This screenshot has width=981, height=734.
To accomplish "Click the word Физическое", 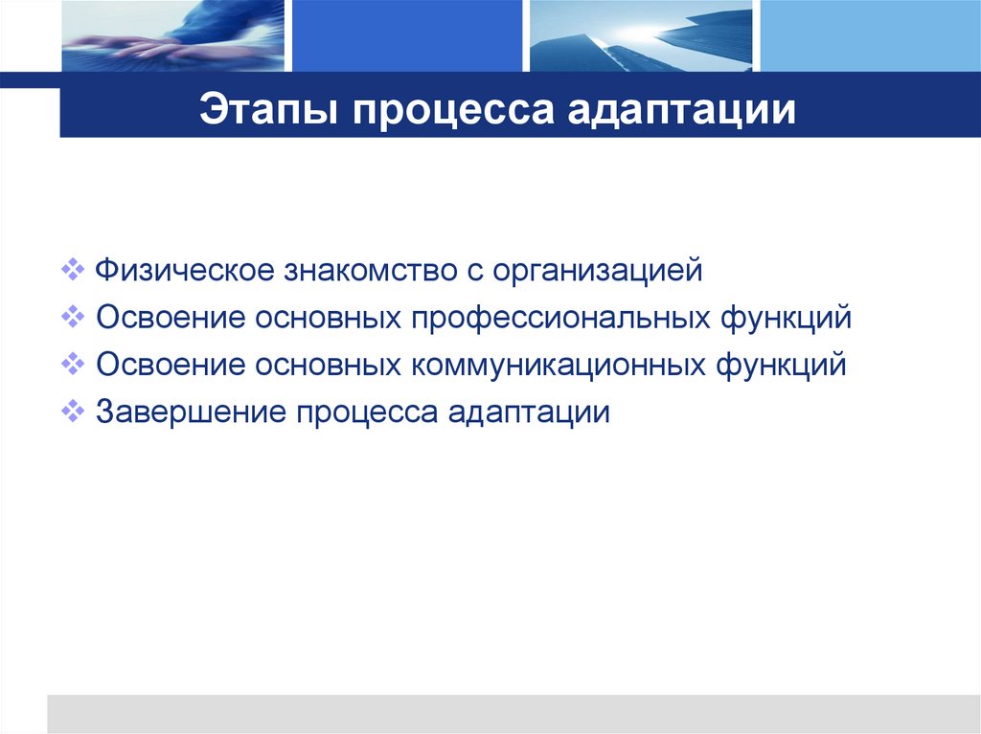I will (x=182, y=270).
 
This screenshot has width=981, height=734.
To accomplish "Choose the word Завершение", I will (x=190, y=412).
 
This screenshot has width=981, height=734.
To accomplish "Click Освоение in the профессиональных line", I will (x=170, y=317).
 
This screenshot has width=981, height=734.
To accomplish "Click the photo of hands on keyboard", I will (x=171, y=36).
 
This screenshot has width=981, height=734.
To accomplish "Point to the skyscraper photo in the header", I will (x=641, y=36).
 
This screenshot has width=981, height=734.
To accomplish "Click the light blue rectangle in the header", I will (x=870, y=36).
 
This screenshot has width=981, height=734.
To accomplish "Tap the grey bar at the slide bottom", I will (x=513, y=714).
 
